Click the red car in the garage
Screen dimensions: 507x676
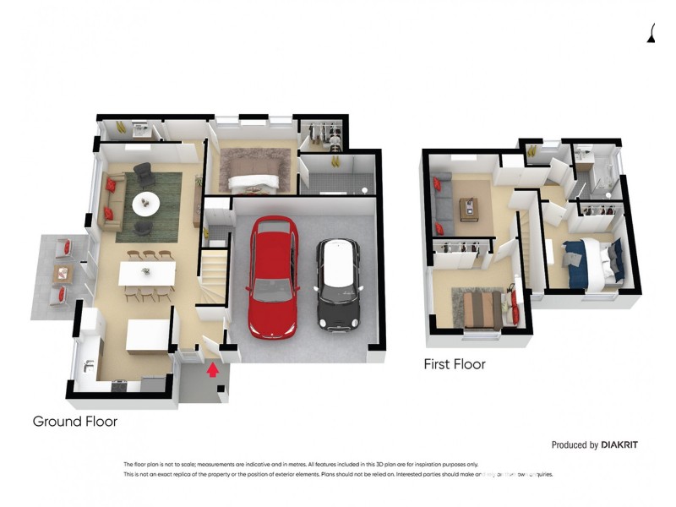click(x=272, y=276)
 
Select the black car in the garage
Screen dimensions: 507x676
click(x=338, y=283)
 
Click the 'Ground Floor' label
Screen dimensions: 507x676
click(x=74, y=421)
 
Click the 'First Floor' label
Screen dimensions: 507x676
click(x=455, y=364)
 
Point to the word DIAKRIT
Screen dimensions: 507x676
click(x=626, y=444)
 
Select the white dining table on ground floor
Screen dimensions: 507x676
click(x=147, y=273)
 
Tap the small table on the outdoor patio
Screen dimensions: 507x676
click(x=61, y=272)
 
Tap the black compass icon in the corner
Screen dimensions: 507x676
click(x=652, y=31)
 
